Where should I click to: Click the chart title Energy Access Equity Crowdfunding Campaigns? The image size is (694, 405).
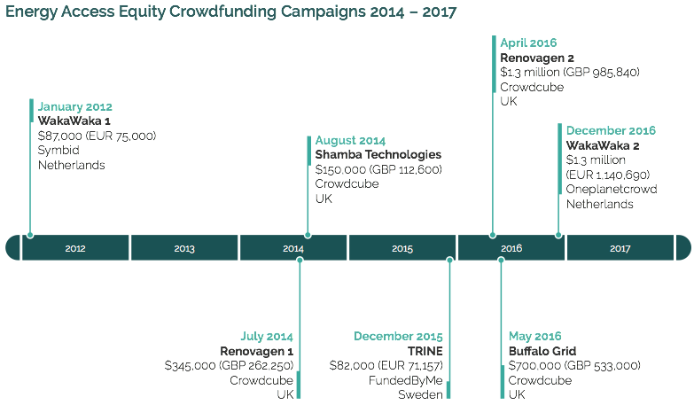(x=231, y=13)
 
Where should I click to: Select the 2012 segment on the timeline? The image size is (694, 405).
(x=75, y=248)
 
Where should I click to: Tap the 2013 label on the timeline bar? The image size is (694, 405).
(x=184, y=248)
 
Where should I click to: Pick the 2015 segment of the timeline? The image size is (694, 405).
(x=402, y=248)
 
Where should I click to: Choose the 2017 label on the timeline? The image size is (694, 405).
(x=620, y=248)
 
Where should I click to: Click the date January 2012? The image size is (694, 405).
(x=74, y=107)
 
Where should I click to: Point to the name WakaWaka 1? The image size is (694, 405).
(x=74, y=121)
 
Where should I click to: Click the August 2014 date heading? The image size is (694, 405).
(x=350, y=140)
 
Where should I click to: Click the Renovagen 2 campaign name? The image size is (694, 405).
(x=537, y=58)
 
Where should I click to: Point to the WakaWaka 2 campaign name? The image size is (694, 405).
(x=603, y=145)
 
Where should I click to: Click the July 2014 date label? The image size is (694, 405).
(x=267, y=337)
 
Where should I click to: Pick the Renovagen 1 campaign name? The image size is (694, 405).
(x=256, y=351)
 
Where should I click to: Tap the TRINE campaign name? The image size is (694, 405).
(x=425, y=351)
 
